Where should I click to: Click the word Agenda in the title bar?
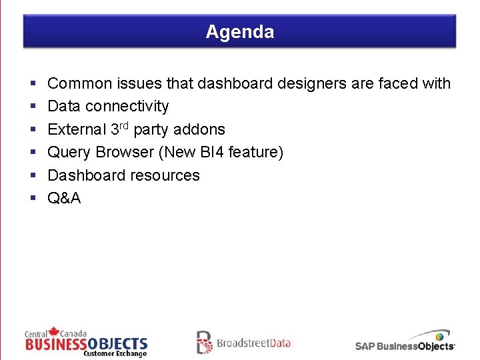[x=239, y=32]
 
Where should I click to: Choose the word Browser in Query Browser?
[x=125, y=152]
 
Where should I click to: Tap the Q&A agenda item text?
[x=64, y=198]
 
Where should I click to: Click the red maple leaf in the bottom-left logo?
[x=53, y=331]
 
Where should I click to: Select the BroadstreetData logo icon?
[x=204, y=342]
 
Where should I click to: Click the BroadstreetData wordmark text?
[x=253, y=343]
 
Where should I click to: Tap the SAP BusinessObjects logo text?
[x=405, y=346]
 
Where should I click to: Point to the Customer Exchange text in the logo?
[x=115, y=353]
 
